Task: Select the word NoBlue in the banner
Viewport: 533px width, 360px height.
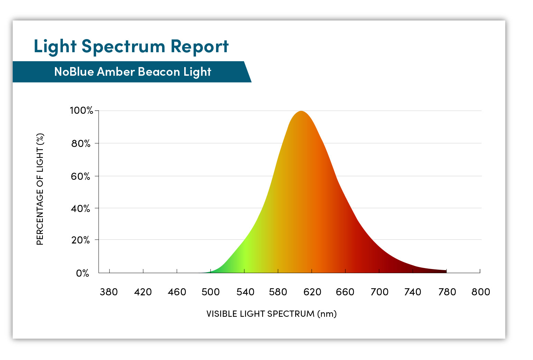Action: point(74,72)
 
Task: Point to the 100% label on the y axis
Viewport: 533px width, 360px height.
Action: point(81,111)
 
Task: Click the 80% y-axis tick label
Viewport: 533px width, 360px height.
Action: point(81,144)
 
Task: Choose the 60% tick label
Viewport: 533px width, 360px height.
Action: point(81,176)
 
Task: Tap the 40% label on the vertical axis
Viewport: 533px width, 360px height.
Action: point(81,209)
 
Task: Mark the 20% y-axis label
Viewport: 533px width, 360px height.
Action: point(81,240)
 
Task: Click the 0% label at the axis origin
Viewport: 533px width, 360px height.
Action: point(83,273)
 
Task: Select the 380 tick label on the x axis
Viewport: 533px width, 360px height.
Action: point(109,292)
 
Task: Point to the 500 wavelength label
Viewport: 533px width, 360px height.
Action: point(211,292)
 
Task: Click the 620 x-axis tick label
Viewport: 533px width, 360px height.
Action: point(312,292)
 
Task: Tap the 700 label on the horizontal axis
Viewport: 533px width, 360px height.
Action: point(379,292)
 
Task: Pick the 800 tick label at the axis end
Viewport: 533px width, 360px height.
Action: point(480,292)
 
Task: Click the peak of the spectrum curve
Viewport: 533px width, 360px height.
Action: point(301,111)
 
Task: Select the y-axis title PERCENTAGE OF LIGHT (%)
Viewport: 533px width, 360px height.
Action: point(40,189)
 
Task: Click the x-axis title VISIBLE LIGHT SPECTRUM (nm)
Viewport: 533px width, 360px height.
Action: point(271,314)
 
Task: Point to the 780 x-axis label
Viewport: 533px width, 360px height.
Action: point(447,292)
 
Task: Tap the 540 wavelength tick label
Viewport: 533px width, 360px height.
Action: point(245,292)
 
